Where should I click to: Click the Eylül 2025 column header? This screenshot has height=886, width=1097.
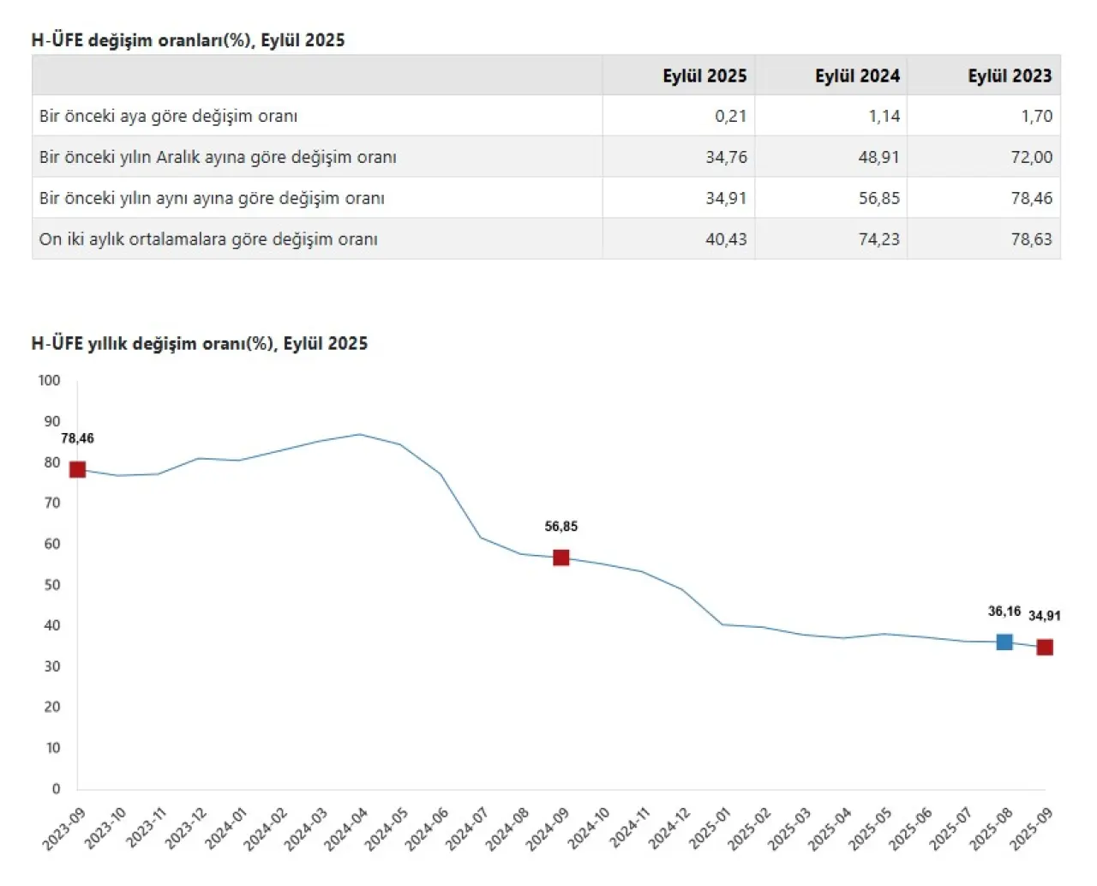pyautogui.click(x=704, y=75)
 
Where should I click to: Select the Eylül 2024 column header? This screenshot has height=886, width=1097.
pyautogui.click(x=857, y=75)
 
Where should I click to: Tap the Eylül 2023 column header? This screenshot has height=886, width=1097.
pyautogui.click(x=1010, y=75)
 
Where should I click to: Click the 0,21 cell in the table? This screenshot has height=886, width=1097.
pyautogui.click(x=730, y=116)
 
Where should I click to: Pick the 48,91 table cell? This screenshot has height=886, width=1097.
pyautogui.click(x=878, y=157)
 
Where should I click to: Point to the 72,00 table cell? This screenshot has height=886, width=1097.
pyautogui.click(x=1031, y=157)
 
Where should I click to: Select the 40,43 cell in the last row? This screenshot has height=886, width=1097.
pyautogui.click(x=726, y=239)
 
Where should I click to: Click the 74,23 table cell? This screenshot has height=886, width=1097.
pyautogui.click(x=878, y=239)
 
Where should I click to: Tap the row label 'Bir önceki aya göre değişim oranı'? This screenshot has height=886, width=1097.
pyautogui.click(x=168, y=116)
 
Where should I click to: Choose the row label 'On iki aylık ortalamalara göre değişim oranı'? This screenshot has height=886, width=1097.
pyautogui.click(x=208, y=239)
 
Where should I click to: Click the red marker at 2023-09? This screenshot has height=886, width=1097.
pyautogui.click(x=77, y=469)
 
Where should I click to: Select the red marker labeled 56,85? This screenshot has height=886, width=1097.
pyautogui.click(x=561, y=558)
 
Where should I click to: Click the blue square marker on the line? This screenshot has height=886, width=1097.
pyautogui.click(x=1004, y=642)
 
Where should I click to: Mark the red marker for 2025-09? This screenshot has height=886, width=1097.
pyautogui.click(x=1045, y=648)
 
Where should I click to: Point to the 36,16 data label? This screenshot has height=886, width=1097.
pyautogui.click(x=1004, y=612)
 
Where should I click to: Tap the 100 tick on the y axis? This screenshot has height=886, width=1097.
pyautogui.click(x=49, y=380)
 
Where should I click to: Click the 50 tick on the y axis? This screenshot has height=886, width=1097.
pyautogui.click(x=51, y=585)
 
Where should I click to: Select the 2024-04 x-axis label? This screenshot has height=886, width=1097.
pyautogui.click(x=346, y=829)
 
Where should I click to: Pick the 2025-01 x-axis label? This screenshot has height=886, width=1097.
pyautogui.click(x=709, y=829)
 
